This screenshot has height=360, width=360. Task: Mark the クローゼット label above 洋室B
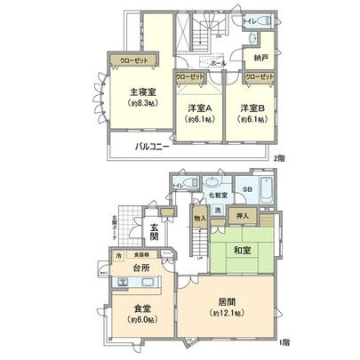pyautogui.click(x=261, y=76)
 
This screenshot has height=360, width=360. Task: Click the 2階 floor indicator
pyautogui.click(x=278, y=157)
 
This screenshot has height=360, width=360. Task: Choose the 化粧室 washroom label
pyautogui.click(x=216, y=195)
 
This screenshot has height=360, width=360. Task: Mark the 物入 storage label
pyautogui.click(x=199, y=218)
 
